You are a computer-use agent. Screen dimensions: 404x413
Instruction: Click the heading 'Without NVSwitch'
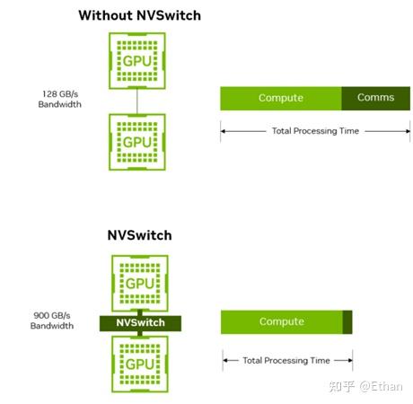[139, 14]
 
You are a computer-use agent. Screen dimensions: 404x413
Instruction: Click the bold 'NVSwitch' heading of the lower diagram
[139, 236]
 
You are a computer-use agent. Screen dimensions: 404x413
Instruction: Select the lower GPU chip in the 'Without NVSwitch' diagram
[136, 142]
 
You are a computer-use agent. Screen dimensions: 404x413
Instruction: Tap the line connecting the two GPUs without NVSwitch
[136, 102]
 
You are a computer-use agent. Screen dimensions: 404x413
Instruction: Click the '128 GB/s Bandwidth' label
[60, 99]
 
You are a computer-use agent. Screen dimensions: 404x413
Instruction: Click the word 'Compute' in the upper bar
[280, 98]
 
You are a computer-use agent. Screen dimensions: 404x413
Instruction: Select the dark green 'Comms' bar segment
[375, 98]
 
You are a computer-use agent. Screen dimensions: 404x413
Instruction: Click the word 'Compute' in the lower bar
[281, 321]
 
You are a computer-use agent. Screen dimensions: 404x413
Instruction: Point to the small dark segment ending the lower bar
[347, 321]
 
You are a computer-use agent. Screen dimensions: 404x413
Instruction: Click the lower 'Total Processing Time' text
[286, 360]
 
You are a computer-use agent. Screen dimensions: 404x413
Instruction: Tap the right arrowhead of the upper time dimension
[407, 131]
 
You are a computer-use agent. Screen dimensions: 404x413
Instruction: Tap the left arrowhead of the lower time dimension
[225, 360]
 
